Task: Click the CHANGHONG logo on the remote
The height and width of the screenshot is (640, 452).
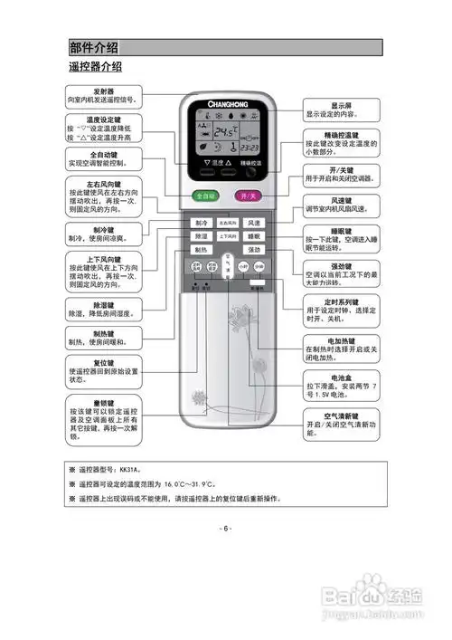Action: click(225, 102)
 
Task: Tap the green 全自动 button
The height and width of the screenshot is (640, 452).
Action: click(206, 196)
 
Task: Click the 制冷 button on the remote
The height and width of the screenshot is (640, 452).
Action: click(201, 223)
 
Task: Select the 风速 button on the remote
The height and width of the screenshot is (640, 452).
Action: click(252, 223)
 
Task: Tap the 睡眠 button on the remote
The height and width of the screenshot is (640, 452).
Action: click(252, 236)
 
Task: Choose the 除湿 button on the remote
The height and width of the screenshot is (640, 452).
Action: click(201, 236)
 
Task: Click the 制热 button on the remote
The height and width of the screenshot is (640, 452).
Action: click(201, 250)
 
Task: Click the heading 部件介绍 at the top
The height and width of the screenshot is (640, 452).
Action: click(95, 48)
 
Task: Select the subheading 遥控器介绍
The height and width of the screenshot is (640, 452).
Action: click(95, 68)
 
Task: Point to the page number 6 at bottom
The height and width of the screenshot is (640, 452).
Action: click(225, 527)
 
